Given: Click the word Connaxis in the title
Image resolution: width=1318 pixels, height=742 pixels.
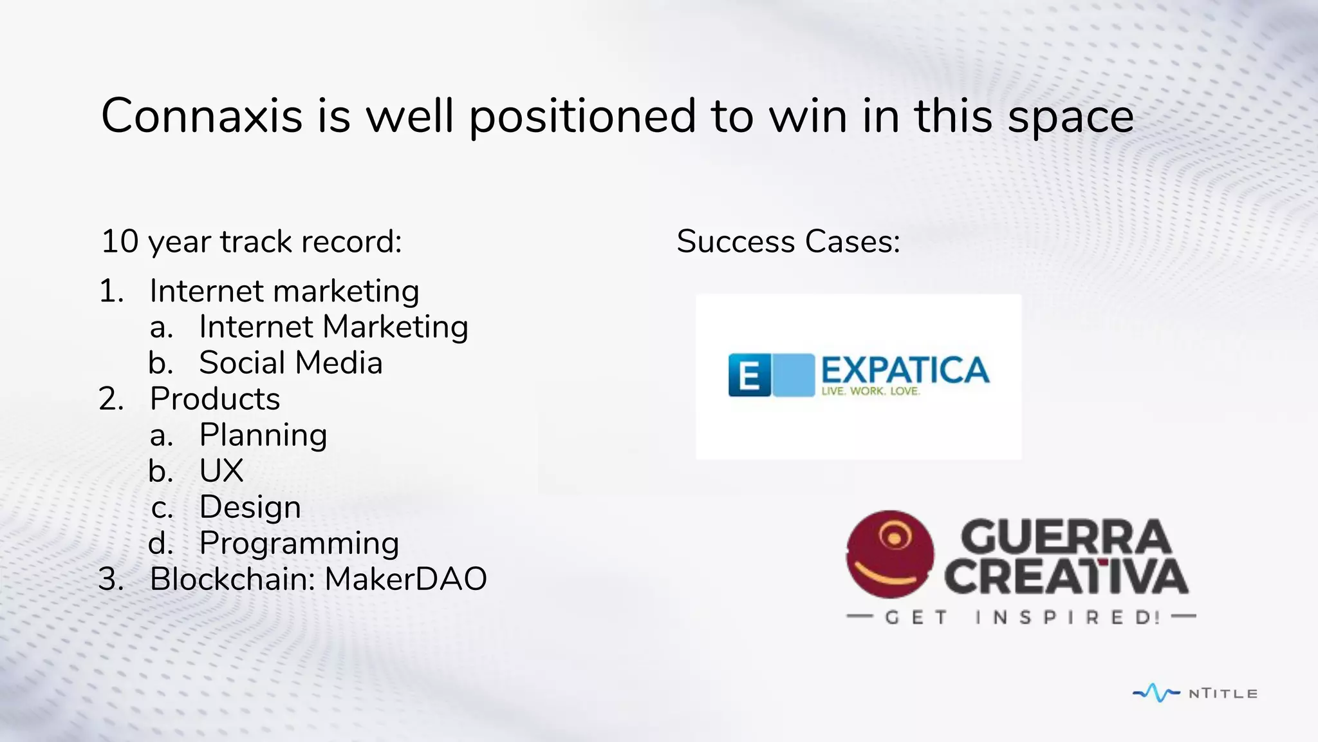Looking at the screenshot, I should coord(201,116).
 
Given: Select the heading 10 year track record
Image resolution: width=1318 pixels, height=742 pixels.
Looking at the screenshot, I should coord(252,242).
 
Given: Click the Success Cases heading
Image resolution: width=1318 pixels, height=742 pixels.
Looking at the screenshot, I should coord(788,242).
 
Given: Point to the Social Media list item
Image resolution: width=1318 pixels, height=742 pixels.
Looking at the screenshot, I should coord(291,363).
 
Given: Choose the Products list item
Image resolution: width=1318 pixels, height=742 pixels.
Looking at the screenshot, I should coord(215,399).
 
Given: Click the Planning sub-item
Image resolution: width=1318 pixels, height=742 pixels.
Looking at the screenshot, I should coord(263,435).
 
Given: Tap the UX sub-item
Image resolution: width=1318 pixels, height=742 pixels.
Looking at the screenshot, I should coord(221,471).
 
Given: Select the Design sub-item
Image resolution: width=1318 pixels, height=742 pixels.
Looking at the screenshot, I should coord(250,507).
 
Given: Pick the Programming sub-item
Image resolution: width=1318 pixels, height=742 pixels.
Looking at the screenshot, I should coord(299,543).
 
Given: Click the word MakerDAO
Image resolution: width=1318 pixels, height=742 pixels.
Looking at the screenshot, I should coord(405,579).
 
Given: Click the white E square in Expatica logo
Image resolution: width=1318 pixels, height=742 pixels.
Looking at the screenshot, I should coord(749,375).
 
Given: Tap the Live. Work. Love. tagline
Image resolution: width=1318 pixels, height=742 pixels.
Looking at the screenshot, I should coord(871,391).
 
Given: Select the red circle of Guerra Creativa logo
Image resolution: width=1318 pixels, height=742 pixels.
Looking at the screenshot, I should coord(889,554).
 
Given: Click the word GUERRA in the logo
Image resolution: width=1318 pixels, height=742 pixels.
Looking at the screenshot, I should coord(1065,537).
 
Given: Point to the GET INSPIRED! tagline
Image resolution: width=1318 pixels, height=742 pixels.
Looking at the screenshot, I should coord(1021,617).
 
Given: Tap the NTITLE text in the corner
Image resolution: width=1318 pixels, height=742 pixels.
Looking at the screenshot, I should coord(1223,694).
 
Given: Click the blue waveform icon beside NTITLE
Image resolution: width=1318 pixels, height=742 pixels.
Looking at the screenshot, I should coord(1156,693).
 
